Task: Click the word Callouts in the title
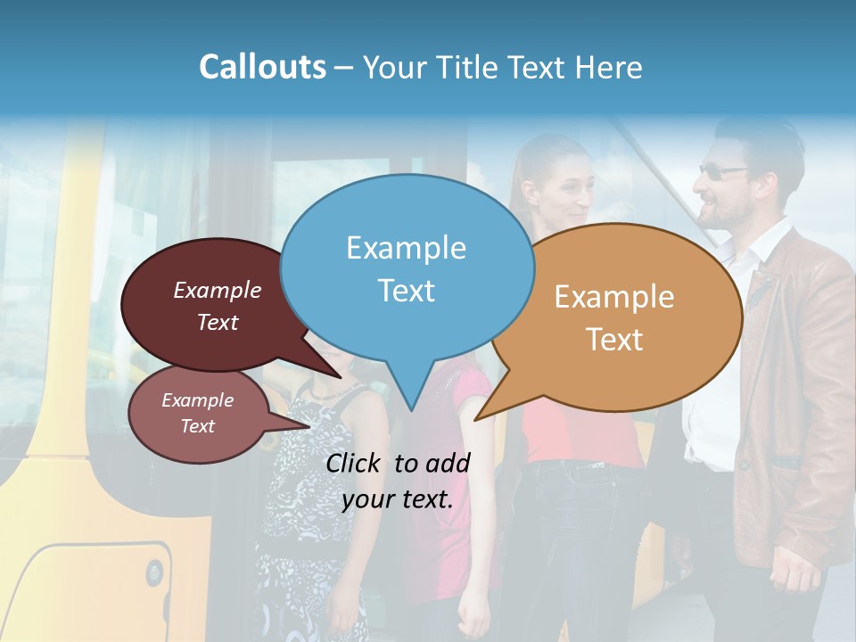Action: coord(262,67)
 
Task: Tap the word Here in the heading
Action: coord(609,67)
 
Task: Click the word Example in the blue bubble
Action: coord(406,247)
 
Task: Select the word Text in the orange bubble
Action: coord(615,340)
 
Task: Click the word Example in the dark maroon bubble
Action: coord(218,290)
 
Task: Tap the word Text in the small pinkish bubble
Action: coord(198,426)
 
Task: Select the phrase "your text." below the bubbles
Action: coord(398,499)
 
